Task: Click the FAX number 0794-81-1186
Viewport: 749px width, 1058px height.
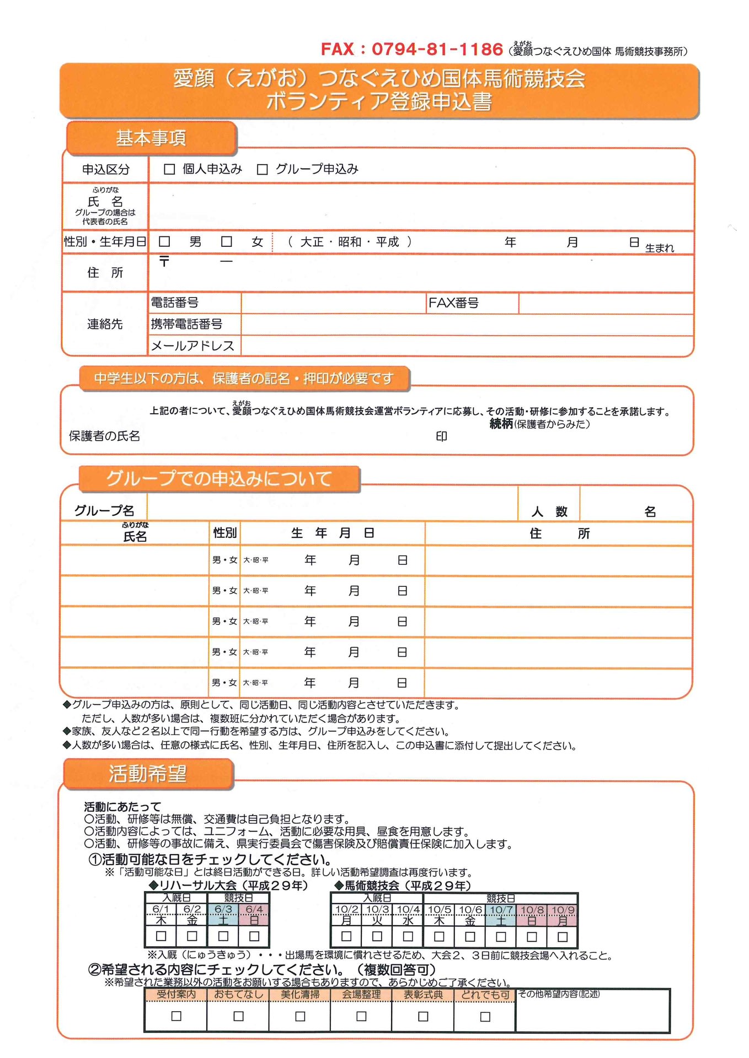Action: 437,49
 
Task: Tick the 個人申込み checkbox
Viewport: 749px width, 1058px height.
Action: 170,170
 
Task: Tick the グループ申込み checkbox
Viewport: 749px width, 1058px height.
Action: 263,170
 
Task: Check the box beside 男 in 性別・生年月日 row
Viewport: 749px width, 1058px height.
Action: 164,241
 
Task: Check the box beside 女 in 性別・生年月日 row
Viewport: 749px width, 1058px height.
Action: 227,241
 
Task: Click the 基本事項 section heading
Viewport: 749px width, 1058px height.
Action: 151,138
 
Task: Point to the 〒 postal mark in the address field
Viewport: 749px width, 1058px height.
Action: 164,261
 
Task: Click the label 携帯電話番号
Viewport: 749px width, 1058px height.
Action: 187,324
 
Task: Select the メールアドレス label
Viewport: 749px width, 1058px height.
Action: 192,346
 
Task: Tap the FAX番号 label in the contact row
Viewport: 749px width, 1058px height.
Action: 453,303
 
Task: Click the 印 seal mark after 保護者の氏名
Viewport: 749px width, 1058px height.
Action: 442,436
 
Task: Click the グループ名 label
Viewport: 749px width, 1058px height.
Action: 104,511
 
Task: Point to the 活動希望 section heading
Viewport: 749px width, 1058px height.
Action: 148,774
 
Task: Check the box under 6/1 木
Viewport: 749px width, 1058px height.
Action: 161,936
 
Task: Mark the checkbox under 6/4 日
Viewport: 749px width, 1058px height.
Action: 254,936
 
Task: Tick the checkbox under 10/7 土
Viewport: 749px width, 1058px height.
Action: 501,936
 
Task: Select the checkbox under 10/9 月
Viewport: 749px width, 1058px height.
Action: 563,936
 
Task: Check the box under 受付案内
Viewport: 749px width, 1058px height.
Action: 176,1016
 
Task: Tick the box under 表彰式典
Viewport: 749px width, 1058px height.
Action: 423,1016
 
